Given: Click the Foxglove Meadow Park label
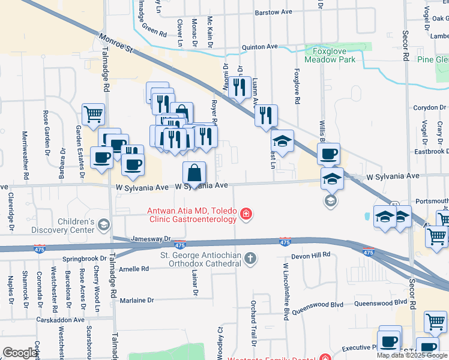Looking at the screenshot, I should click(330, 55).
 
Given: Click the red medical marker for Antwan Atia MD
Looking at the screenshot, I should click(246, 214).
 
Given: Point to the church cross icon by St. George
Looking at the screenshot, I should click(250, 259).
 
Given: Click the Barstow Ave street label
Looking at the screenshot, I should click(273, 12).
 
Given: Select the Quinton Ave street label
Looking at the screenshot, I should click(259, 46).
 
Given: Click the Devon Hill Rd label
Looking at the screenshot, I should click(311, 255).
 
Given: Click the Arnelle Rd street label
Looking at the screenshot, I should click(134, 269).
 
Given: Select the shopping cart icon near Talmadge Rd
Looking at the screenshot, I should click(93, 114).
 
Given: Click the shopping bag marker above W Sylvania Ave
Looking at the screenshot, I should click(194, 173).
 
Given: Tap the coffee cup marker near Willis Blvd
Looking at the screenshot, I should click(328, 154).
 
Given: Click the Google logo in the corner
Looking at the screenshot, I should click(20, 353).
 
